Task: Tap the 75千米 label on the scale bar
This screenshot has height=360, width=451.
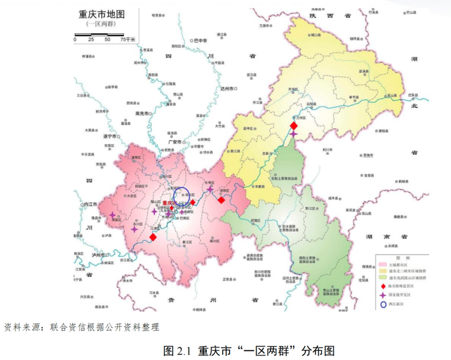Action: [x=127, y=39]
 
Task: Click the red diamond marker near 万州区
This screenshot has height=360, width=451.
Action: [x=293, y=126]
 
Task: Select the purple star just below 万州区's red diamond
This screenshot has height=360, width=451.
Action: [x=293, y=134]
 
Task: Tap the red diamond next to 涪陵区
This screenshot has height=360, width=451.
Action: [x=222, y=200]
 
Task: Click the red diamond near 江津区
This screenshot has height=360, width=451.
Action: [x=153, y=237]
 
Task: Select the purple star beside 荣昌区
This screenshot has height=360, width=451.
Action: [x=112, y=215]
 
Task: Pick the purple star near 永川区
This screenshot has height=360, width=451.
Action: [x=134, y=229]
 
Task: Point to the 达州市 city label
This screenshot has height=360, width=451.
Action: [x=229, y=89]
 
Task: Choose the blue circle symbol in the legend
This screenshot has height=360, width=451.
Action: [x=382, y=305]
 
